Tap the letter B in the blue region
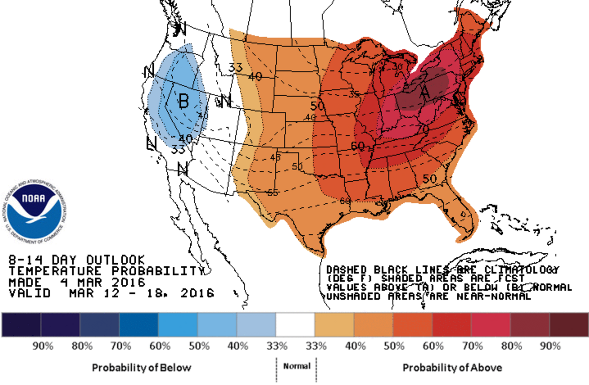(x=184, y=101)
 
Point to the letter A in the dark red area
(x=425, y=92)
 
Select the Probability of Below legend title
(x=142, y=367)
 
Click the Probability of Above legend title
(x=452, y=367)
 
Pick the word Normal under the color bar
(x=297, y=366)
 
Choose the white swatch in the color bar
(x=295, y=324)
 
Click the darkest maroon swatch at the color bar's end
(x=569, y=324)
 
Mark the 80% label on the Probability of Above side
(x=511, y=346)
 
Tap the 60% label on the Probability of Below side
(x=160, y=346)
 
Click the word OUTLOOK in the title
(x=115, y=260)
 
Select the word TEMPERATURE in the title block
(x=55, y=271)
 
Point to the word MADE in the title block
(x=25, y=282)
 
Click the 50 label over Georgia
(x=429, y=179)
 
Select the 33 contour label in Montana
(x=235, y=67)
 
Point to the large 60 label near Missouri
(x=357, y=146)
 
